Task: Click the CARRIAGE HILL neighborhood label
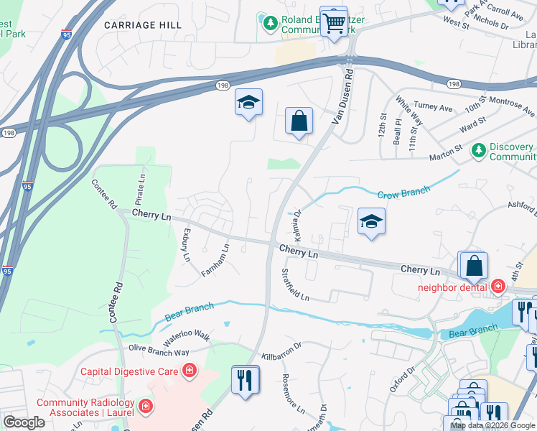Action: [x=142, y=25]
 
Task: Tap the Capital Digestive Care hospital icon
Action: [x=190, y=371]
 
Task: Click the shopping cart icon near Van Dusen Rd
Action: [x=333, y=22]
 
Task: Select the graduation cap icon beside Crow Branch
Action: [x=371, y=222]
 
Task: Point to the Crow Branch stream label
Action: [x=404, y=193]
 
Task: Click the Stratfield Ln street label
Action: [x=295, y=285]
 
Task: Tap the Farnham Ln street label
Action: [x=215, y=261]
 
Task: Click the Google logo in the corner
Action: [x=24, y=423]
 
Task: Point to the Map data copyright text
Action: [x=493, y=425]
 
